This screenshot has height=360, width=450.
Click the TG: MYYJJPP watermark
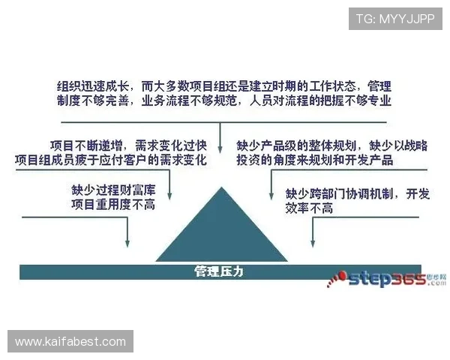pos(395,17)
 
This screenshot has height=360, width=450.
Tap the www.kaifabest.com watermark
pos(71,342)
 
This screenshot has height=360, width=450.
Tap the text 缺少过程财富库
pos(112,190)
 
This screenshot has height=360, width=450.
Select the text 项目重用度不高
pos(112,204)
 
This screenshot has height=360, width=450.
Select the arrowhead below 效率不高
pos(312,244)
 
